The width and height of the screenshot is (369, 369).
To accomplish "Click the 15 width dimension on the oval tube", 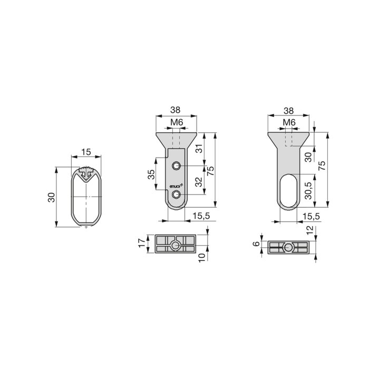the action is click(86, 152).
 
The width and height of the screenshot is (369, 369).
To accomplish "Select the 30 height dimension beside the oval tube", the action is click(51, 197).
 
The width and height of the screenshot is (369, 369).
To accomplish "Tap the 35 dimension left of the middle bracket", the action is click(152, 174).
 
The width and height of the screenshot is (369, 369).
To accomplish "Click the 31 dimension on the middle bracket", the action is click(200, 149).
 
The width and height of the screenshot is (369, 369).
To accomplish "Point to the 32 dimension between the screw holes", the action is click(199, 182).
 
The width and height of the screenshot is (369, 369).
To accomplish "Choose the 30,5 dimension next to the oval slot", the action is click(308, 191).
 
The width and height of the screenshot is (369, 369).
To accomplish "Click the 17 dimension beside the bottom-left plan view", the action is click(142, 243).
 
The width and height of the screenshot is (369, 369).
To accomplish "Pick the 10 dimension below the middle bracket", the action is click(202, 257).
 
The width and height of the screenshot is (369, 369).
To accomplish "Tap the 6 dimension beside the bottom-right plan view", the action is click(256, 244).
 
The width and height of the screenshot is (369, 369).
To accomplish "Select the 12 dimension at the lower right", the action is click(310, 230).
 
